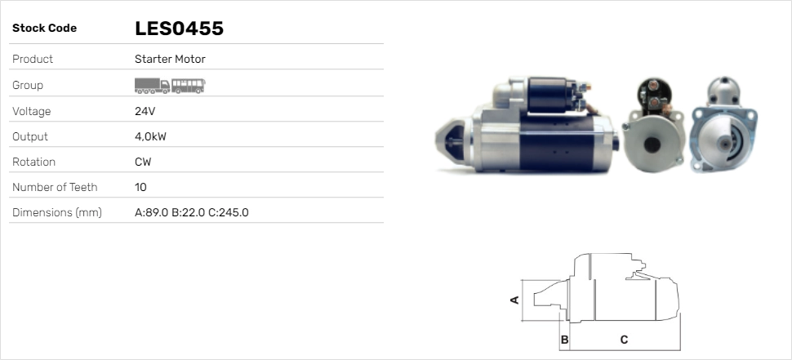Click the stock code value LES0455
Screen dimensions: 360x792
pos(179,29)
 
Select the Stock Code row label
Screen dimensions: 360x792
pos(44,29)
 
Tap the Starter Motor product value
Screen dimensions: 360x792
pos(170,60)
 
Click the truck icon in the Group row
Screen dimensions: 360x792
pos(152,86)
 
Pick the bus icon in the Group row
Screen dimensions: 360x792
pos(189,86)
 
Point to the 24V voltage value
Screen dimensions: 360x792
pos(145,111)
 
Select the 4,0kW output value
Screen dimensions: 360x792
pos(150,136)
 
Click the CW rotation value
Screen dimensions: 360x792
pos(143,162)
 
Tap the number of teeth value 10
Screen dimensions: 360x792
pos(140,187)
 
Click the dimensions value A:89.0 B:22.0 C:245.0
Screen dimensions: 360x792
pos(191,212)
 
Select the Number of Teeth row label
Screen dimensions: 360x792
pos(55,187)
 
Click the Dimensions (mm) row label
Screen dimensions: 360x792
pos(56,212)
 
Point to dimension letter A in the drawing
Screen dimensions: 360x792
pos(514,300)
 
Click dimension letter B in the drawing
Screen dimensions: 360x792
pos(564,339)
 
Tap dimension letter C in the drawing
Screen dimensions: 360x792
pos(624,339)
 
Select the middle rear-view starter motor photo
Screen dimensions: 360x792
pos(654,129)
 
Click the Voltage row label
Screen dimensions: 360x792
pos(31,111)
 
